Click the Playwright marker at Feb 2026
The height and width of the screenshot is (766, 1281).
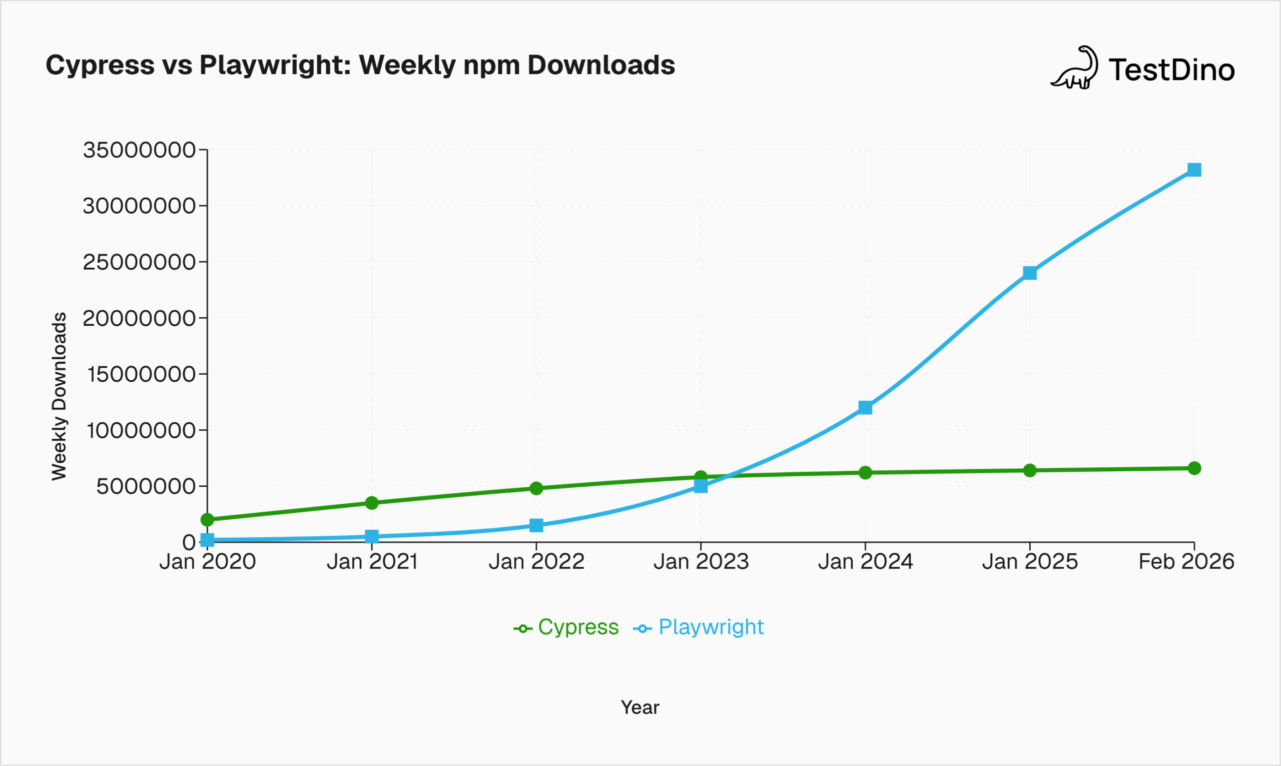point(1194,170)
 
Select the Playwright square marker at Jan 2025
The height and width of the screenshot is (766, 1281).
point(1030,273)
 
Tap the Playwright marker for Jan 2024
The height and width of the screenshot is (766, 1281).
point(866,408)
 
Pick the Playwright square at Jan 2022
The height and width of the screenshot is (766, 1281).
point(536,525)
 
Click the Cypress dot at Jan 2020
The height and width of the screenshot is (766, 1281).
point(208,519)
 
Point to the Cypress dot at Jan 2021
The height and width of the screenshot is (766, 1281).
point(372,503)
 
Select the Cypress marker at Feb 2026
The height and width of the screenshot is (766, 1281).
point(1194,468)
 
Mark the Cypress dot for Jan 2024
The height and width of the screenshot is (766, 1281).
point(866,473)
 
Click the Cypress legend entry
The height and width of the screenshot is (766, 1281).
point(567,627)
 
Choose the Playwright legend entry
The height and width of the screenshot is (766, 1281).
point(699,627)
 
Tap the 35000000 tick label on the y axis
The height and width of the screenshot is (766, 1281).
point(139,150)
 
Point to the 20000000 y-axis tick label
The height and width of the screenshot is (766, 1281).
point(139,319)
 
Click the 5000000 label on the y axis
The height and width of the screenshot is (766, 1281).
point(146,486)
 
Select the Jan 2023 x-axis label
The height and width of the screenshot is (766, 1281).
point(701,562)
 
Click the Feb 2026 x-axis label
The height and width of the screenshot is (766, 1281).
point(1186,562)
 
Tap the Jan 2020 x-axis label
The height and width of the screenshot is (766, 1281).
point(208,562)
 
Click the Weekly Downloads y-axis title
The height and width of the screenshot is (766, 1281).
point(60,396)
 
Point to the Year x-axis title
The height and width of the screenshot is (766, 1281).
point(640,707)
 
